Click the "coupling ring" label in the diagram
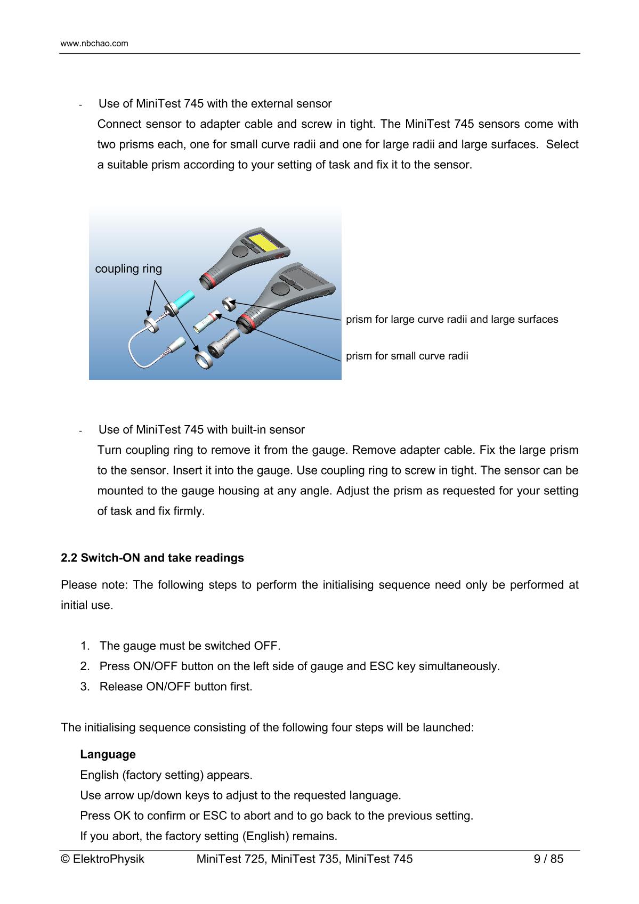point(128,268)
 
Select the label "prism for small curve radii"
point(407,355)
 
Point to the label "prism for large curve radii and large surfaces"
point(452,319)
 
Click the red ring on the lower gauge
point(246,322)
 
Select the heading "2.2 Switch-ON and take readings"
point(152,558)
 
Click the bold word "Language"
point(108,754)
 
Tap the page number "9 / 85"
point(549,859)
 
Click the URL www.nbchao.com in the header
point(94,43)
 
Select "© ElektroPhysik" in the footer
point(103,859)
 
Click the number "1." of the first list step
point(85,646)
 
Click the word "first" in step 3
point(240,687)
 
